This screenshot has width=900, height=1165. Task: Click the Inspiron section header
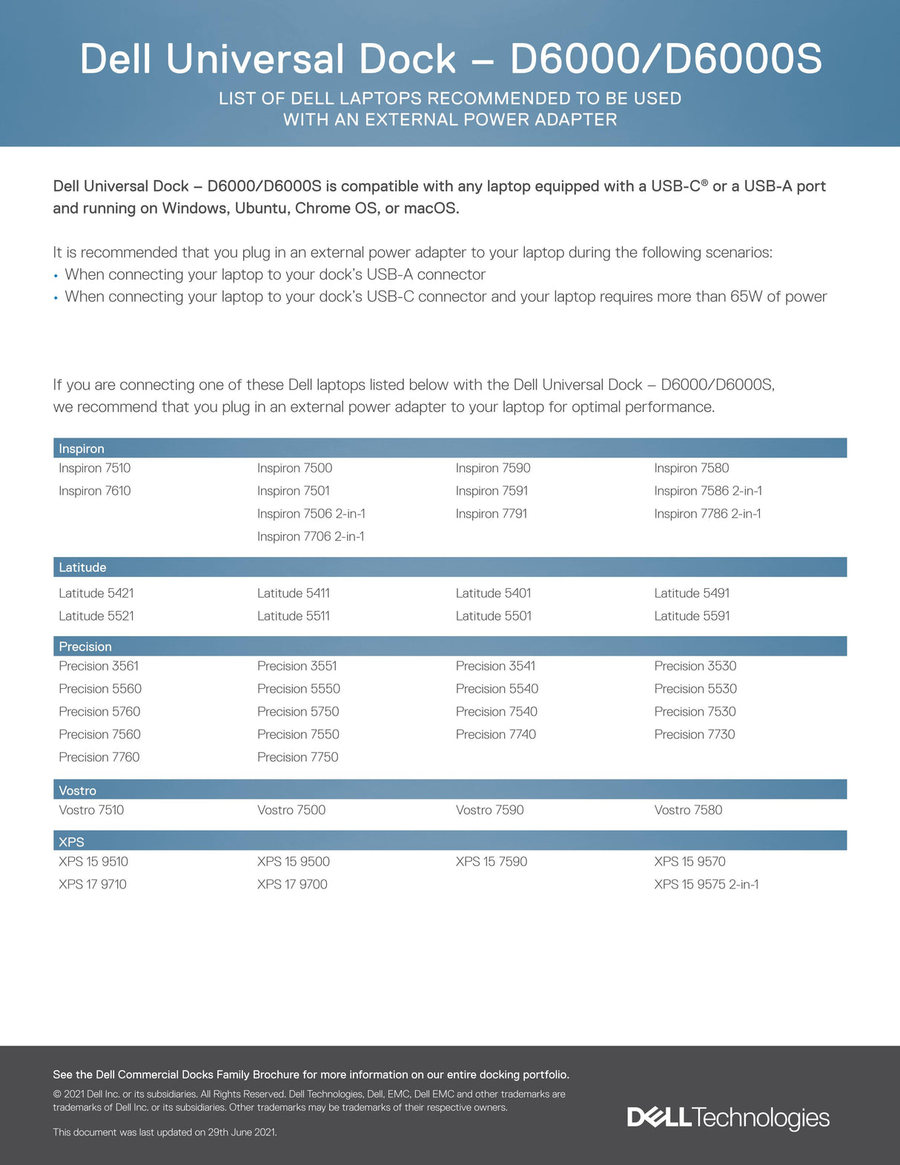(x=82, y=449)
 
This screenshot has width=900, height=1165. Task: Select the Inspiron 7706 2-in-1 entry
(x=311, y=536)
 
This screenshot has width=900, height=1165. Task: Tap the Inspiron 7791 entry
(x=491, y=513)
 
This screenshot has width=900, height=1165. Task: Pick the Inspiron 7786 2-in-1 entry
(x=707, y=513)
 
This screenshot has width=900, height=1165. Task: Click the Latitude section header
(x=82, y=567)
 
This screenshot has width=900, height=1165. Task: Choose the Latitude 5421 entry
(x=96, y=593)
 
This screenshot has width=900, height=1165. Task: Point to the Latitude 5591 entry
(x=692, y=615)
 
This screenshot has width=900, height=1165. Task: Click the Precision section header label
(x=85, y=647)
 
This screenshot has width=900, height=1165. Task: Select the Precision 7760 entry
(x=99, y=757)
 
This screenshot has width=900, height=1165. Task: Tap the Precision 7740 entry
(x=495, y=734)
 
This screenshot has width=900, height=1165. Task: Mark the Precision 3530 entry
(x=695, y=666)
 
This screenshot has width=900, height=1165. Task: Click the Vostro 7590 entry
(x=489, y=810)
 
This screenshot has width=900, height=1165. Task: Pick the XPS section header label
(x=71, y=842)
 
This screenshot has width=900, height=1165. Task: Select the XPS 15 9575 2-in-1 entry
(x=706, y=884)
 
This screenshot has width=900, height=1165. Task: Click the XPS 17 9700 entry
(x=292, y=884)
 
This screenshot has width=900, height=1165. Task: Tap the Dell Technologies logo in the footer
(x=728, y=1118)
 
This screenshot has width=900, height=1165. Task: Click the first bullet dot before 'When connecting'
(x=56, y=276)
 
